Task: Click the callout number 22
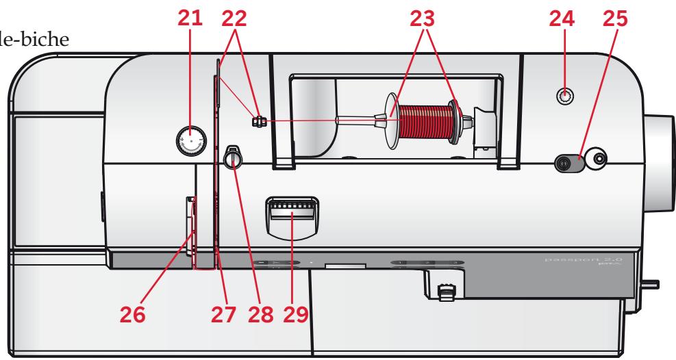(x=231, y=21)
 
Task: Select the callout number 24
(x=565, y=21)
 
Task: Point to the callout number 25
(x=617, y=21)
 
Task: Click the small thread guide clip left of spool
(x=258, y=122)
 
